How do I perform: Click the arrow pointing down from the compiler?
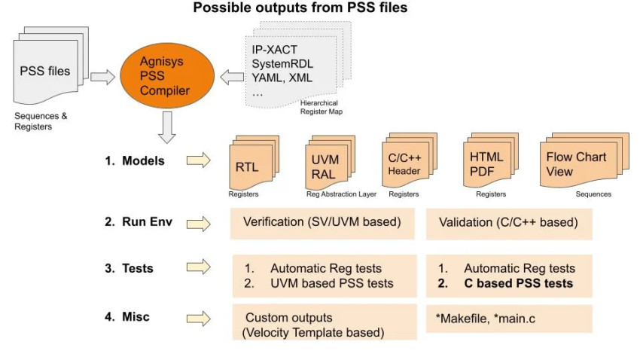coord(168,129)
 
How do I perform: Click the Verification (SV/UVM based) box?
coord(322,224)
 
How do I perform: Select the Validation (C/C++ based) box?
coord(509,224)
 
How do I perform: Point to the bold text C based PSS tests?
coord(518,283)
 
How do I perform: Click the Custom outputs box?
coord(322,323)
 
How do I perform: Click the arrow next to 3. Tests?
coord(198,267)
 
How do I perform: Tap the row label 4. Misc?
coord(127,317)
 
